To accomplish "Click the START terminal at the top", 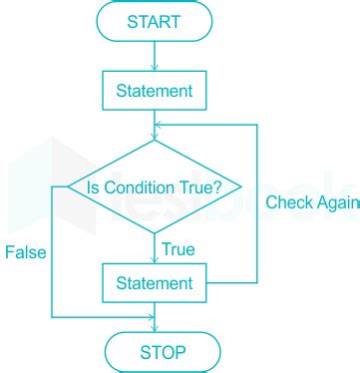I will point(156,21).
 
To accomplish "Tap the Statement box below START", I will point(156,93).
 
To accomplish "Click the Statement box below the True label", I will point(156,284).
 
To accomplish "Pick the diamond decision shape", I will point(156,186).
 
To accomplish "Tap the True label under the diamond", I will point(178,248).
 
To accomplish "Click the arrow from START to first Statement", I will point(156,57).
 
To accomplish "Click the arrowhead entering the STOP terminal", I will point(156,328).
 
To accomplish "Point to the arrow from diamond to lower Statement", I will point(156,248).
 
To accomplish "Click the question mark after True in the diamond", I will point(232,186).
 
